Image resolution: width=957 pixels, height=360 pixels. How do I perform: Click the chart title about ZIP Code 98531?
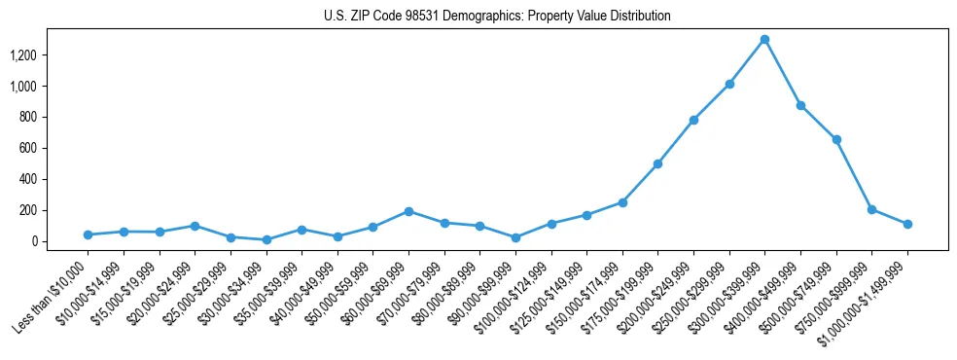497,17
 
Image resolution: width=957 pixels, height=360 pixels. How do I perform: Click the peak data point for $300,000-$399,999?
764,39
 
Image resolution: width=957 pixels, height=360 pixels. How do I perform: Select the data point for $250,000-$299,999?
729,84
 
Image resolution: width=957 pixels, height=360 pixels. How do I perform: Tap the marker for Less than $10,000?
88,234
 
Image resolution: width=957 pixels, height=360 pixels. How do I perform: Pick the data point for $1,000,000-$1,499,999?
907,224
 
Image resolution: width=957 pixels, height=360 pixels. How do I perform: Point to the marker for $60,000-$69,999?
408,211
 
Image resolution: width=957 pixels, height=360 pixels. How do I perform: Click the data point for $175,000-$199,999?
657,163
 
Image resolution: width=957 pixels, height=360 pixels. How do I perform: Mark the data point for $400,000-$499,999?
800,105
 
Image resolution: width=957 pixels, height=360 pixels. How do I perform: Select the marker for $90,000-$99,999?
515,237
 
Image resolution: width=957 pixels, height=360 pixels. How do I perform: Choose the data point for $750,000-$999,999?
871,209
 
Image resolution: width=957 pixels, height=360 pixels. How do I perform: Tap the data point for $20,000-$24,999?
195,226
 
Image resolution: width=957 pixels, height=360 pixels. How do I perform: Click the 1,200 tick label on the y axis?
22,55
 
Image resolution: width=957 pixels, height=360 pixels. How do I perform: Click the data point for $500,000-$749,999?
836,139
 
